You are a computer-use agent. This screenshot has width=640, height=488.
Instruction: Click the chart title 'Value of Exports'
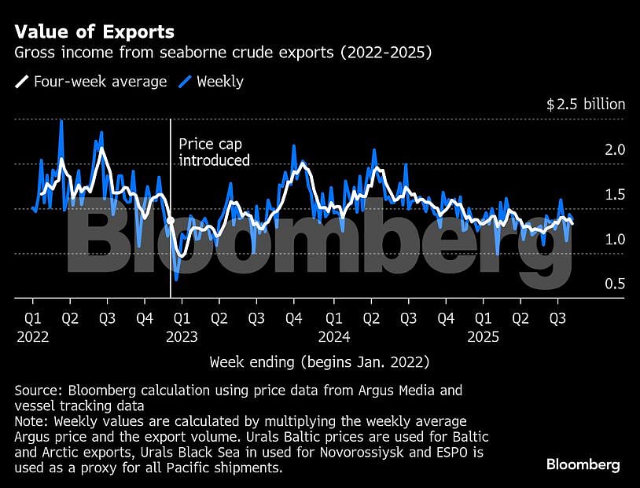[x=94, y=32]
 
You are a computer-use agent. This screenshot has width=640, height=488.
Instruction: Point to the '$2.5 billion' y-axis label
[x=586, y=104]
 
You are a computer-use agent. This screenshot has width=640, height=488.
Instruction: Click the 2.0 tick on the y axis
[x=614, y=149]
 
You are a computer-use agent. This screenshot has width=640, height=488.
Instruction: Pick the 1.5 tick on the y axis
[x=614, y=194]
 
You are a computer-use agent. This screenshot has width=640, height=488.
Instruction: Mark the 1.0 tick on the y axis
[x=614, y=239]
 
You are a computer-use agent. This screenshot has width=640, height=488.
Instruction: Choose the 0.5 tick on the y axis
[x=614, y=284]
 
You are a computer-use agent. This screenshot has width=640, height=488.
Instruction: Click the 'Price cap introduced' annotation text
[x=214, y=152]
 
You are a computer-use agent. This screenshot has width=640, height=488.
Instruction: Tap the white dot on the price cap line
[x=171, y=222]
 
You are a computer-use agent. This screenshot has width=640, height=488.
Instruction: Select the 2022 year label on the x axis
[x=32, y=336]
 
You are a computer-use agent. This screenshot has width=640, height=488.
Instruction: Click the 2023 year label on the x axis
[x=182, y=336]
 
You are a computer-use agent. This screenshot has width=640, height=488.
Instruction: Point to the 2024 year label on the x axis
[x=334, y=336]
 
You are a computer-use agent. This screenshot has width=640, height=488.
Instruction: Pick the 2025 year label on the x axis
[x=484, y=336]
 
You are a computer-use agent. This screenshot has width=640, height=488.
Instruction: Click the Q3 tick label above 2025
[x=558, y=318]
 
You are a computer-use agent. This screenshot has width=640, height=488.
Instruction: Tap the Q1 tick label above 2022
[x=32, y=318]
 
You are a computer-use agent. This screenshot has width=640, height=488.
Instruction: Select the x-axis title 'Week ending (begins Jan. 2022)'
[x=319, y=362]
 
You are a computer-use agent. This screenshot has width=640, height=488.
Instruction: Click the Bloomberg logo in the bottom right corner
[x=583, y=465]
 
